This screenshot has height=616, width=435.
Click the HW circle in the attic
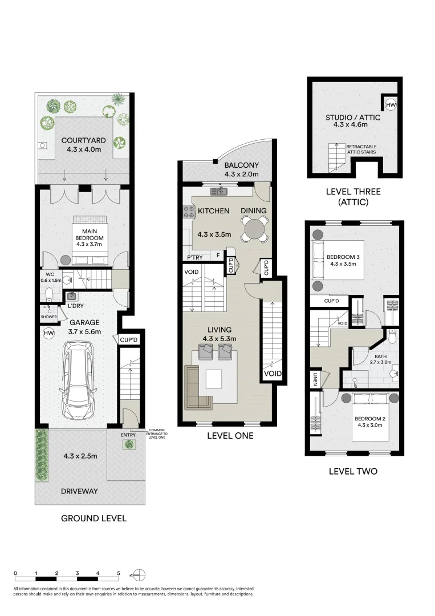pyautogui.click(x=391, y=105)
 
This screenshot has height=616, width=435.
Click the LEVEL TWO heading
pyautogui.click(x=353, y=471)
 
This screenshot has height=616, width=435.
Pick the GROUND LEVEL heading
pyautogui.click(x=93, y=518)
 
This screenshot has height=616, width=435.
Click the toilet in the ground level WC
pyautogui.click(x=50, y=294)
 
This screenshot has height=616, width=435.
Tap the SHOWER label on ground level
pyautogui.click(x=48, y=317)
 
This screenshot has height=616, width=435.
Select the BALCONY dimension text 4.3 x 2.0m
pyautogui.click(x=241, y=175)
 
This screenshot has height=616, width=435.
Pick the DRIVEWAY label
pyautogui.click(x=80, y=491)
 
